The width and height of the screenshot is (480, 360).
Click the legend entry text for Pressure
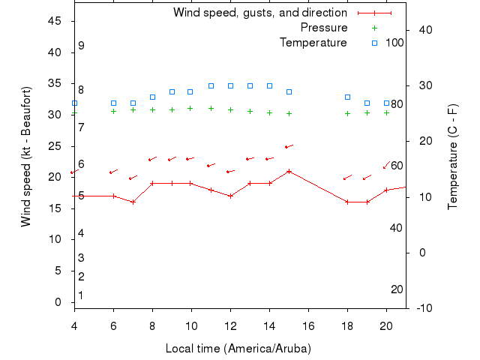323,28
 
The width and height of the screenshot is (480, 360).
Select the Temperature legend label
313,43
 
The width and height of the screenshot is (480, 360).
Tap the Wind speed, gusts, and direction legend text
259,13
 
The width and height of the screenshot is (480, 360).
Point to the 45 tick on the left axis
55,21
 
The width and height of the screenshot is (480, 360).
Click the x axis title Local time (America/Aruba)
238,349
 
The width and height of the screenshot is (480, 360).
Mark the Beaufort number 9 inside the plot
81,46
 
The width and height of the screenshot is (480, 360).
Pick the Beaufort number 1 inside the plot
81,295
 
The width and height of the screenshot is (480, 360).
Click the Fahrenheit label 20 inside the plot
397,289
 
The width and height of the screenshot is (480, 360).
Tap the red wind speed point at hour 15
289,171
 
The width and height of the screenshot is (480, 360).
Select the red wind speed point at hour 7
133,202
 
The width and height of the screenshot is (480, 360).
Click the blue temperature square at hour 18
347,97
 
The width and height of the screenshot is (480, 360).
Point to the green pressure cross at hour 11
211,108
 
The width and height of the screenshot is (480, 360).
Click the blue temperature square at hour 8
152,97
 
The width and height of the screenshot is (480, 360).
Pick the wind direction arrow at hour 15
289,146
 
